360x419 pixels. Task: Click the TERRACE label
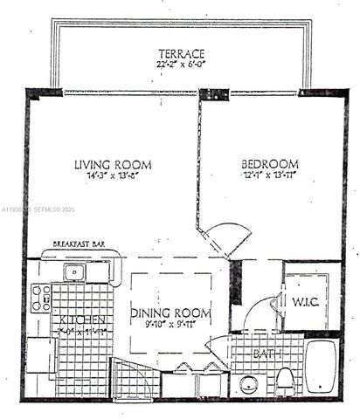pyautogui.click(x=181, y=52)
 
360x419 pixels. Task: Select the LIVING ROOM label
pyautogui.click(x=112, y=164)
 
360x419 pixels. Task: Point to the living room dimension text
pyautogui.click(x=112, y=176)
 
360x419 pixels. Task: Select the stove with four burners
pyautogui.click(x=41, y=299)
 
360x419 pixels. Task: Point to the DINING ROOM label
pyautogui.click(x=171, y=313)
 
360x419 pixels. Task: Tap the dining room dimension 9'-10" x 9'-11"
pyautogui.click(x=171, y=325)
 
